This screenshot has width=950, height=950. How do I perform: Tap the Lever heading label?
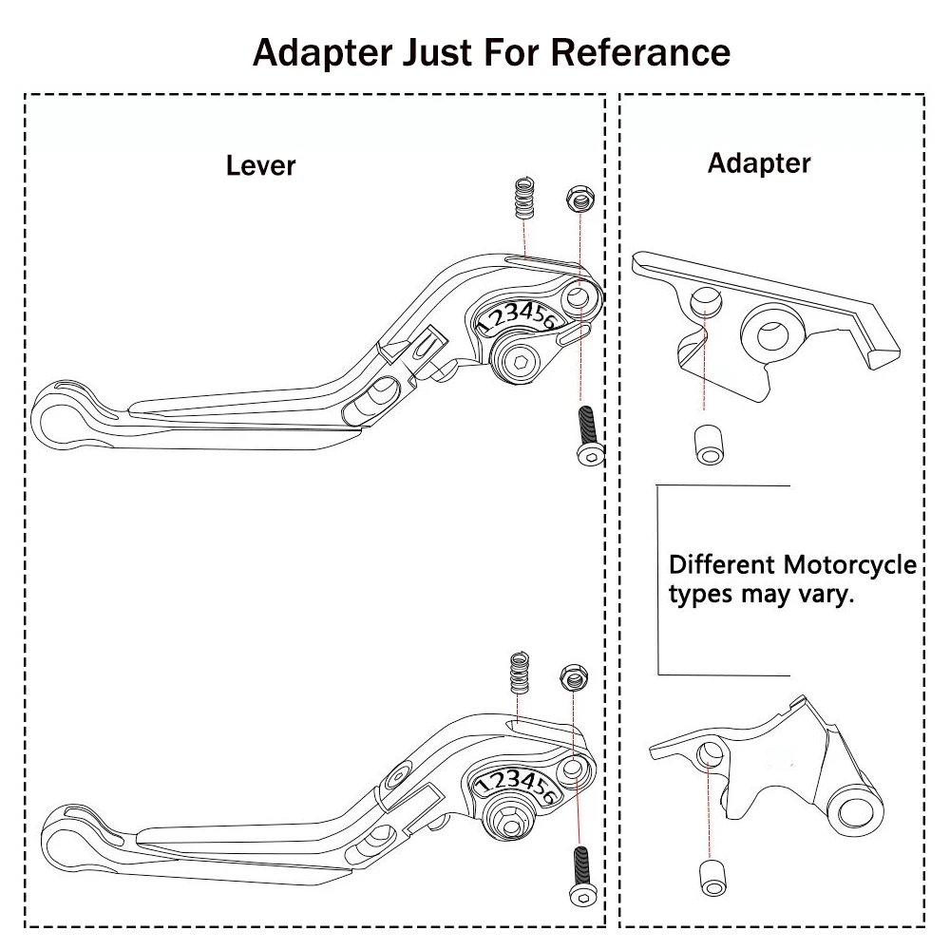(x=260, y=165)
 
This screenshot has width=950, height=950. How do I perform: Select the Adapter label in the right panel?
(x=759, y=162)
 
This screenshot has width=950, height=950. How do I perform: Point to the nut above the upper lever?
(x=579, y=199)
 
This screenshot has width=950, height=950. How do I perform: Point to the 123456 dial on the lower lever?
(x=516, y=786)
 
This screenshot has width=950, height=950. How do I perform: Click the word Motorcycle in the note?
(x=849, y=565)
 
